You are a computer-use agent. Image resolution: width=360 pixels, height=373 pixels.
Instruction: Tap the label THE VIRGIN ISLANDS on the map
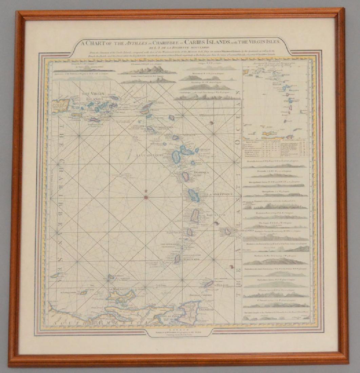coord(91,96)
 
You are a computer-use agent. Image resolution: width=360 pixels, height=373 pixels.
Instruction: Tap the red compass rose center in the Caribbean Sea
coord(146,197)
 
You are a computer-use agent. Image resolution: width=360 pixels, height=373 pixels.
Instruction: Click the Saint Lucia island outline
coord(195,216)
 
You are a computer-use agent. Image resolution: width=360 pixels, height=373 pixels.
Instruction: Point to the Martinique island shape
coord(194,196)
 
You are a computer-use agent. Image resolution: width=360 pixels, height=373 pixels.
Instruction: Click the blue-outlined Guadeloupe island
coord(176,156)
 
